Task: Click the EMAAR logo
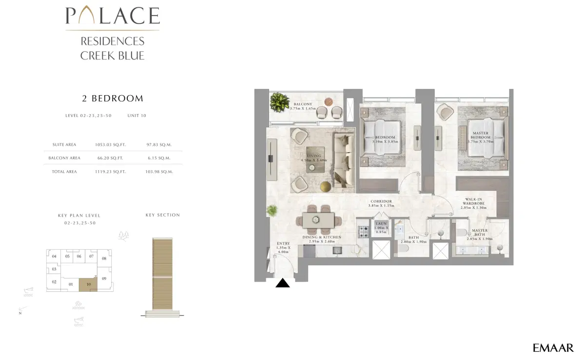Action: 553,348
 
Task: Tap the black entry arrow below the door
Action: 283,283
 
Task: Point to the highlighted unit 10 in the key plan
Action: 88,284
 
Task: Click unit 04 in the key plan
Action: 54,257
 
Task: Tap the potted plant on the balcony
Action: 279,103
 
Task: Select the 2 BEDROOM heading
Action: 112,99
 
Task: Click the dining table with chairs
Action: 318,220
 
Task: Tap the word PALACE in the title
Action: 113,16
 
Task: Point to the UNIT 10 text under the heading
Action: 137,116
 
